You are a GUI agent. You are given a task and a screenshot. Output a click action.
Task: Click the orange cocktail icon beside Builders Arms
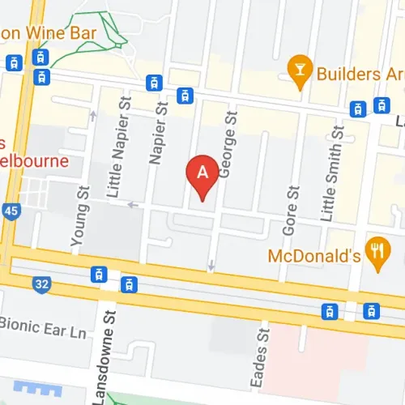click(x=301, y=71)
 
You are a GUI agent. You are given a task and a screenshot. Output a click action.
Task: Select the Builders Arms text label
click(x=356, y=72)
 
